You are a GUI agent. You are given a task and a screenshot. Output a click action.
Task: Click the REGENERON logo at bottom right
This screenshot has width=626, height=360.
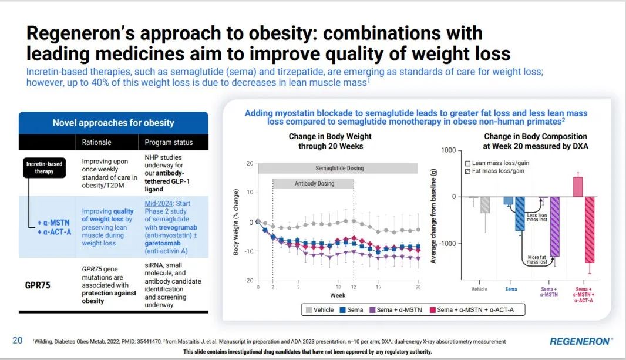[581, 341]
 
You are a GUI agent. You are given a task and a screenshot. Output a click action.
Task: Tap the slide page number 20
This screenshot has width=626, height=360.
[18, 340]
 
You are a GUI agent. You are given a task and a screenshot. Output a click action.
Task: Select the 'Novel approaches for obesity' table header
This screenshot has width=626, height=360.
[113, 123]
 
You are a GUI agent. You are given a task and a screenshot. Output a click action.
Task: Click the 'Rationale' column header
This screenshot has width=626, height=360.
[96, 142]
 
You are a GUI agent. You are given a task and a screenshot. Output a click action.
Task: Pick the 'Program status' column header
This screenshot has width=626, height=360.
[169, 142]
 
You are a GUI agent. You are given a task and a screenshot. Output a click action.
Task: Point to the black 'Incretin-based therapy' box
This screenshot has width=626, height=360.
[44, 167]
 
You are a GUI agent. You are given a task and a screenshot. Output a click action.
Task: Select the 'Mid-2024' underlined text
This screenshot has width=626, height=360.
[159, 203]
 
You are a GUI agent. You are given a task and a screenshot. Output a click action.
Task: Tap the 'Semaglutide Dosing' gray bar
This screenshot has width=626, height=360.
[339, 168]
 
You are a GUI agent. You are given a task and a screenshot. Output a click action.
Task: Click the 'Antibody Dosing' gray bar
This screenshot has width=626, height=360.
[313, 183]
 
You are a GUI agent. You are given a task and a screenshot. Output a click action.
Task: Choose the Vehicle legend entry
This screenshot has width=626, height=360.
[318, 309]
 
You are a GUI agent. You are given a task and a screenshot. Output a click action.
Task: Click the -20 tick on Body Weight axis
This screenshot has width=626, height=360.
[249, 280]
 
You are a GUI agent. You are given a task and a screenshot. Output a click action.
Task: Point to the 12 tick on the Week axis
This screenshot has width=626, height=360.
[354, 287]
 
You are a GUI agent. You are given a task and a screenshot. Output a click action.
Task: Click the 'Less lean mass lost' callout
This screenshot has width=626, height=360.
[536, 217]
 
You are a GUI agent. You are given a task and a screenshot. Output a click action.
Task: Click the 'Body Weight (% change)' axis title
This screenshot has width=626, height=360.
[236, 222]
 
